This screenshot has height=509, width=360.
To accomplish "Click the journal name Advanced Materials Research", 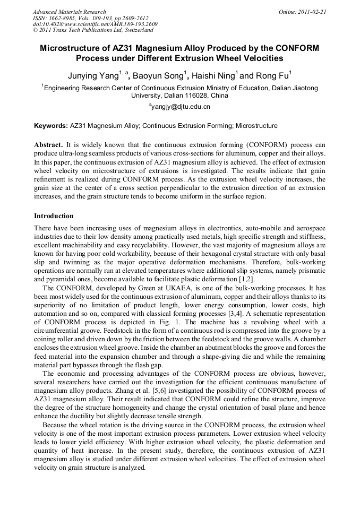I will pyautogui.click(x=69, y=12).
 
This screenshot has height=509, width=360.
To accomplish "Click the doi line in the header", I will pyautogui.click(x=95, y=24).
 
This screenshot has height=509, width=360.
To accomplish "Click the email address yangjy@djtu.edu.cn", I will pyautogui.click(x=181, y=107).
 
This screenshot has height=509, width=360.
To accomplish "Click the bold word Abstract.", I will pyautogui.click(x=49, y=145).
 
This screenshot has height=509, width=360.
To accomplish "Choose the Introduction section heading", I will pyautogui.click(x=54, y=216).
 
